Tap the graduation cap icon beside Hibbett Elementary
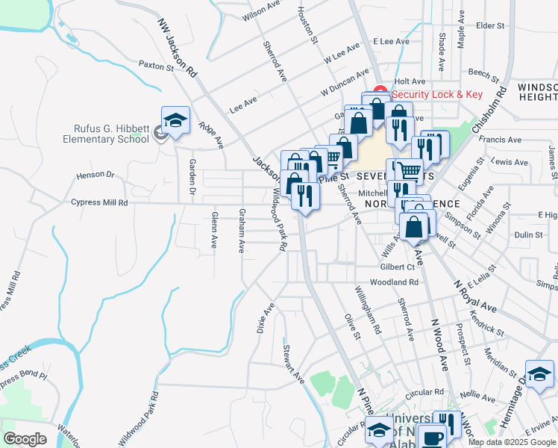pos(175,120)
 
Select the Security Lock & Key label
pos(437,94)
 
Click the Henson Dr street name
pos(95,175)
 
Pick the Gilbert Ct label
pos(397,267)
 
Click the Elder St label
pos(490,25)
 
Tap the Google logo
pos(25,439)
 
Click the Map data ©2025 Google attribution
pos(512,442)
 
